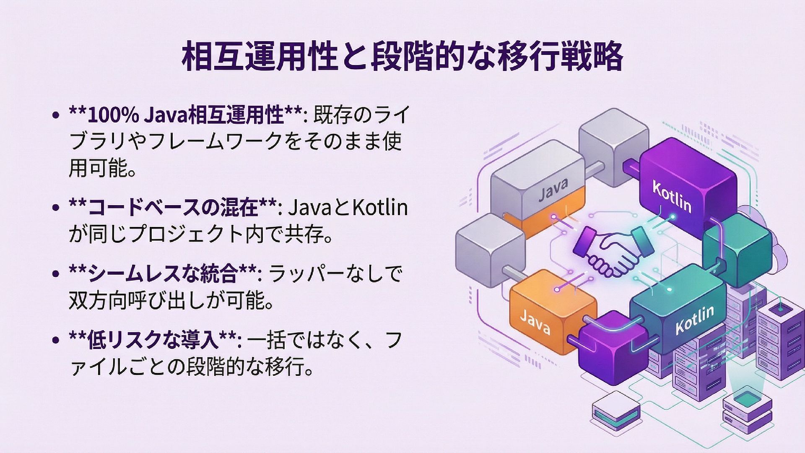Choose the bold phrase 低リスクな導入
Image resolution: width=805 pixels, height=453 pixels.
tap(153, 341)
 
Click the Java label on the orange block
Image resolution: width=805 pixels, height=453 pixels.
tap(535, 321)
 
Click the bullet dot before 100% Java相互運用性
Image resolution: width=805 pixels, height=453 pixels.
tap(55, 115)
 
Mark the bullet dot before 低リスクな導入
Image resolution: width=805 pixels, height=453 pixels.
tap(55, 341)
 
